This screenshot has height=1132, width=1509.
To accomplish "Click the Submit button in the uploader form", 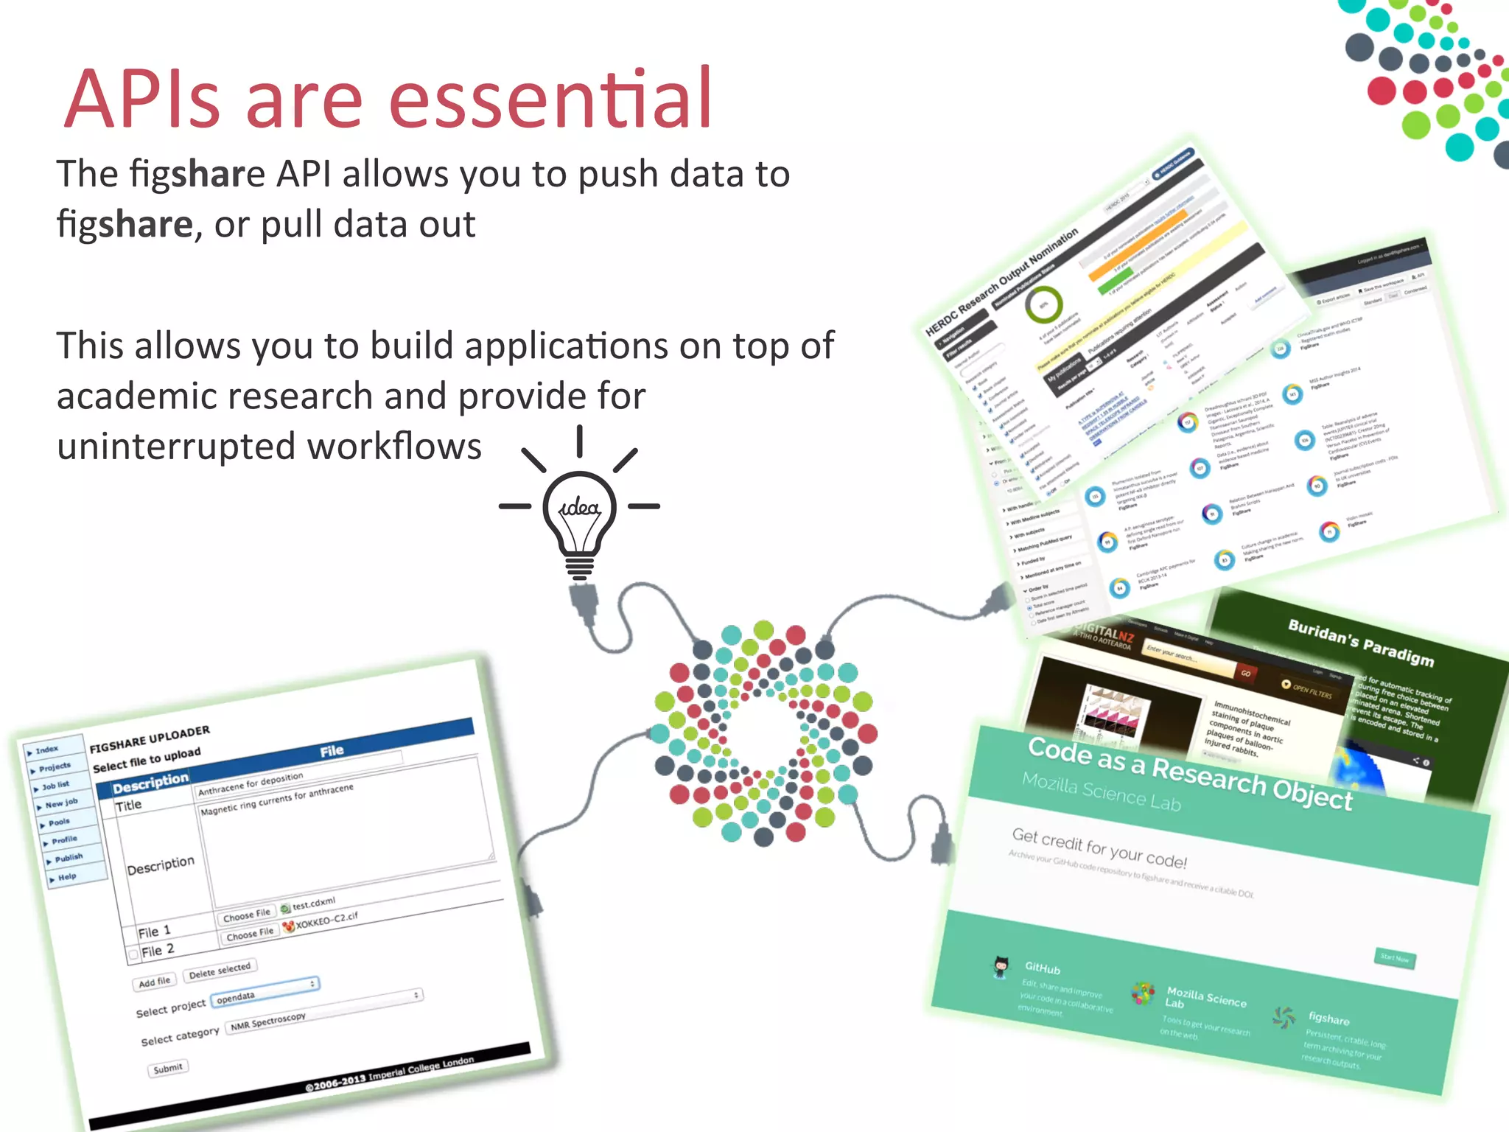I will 167,1068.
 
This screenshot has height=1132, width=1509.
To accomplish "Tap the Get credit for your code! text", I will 1099,848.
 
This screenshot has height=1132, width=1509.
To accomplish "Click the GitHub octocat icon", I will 1000,966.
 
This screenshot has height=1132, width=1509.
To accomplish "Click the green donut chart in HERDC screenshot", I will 1043,304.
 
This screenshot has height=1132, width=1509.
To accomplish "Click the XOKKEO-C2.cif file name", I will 326,920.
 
